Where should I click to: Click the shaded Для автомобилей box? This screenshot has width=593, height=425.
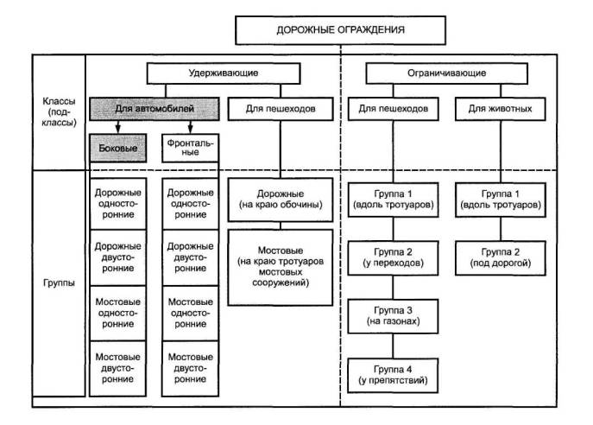155,109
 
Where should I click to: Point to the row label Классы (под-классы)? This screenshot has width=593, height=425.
58,112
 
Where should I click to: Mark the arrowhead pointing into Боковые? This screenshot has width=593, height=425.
117,130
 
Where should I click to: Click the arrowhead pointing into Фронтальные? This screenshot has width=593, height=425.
189,130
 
